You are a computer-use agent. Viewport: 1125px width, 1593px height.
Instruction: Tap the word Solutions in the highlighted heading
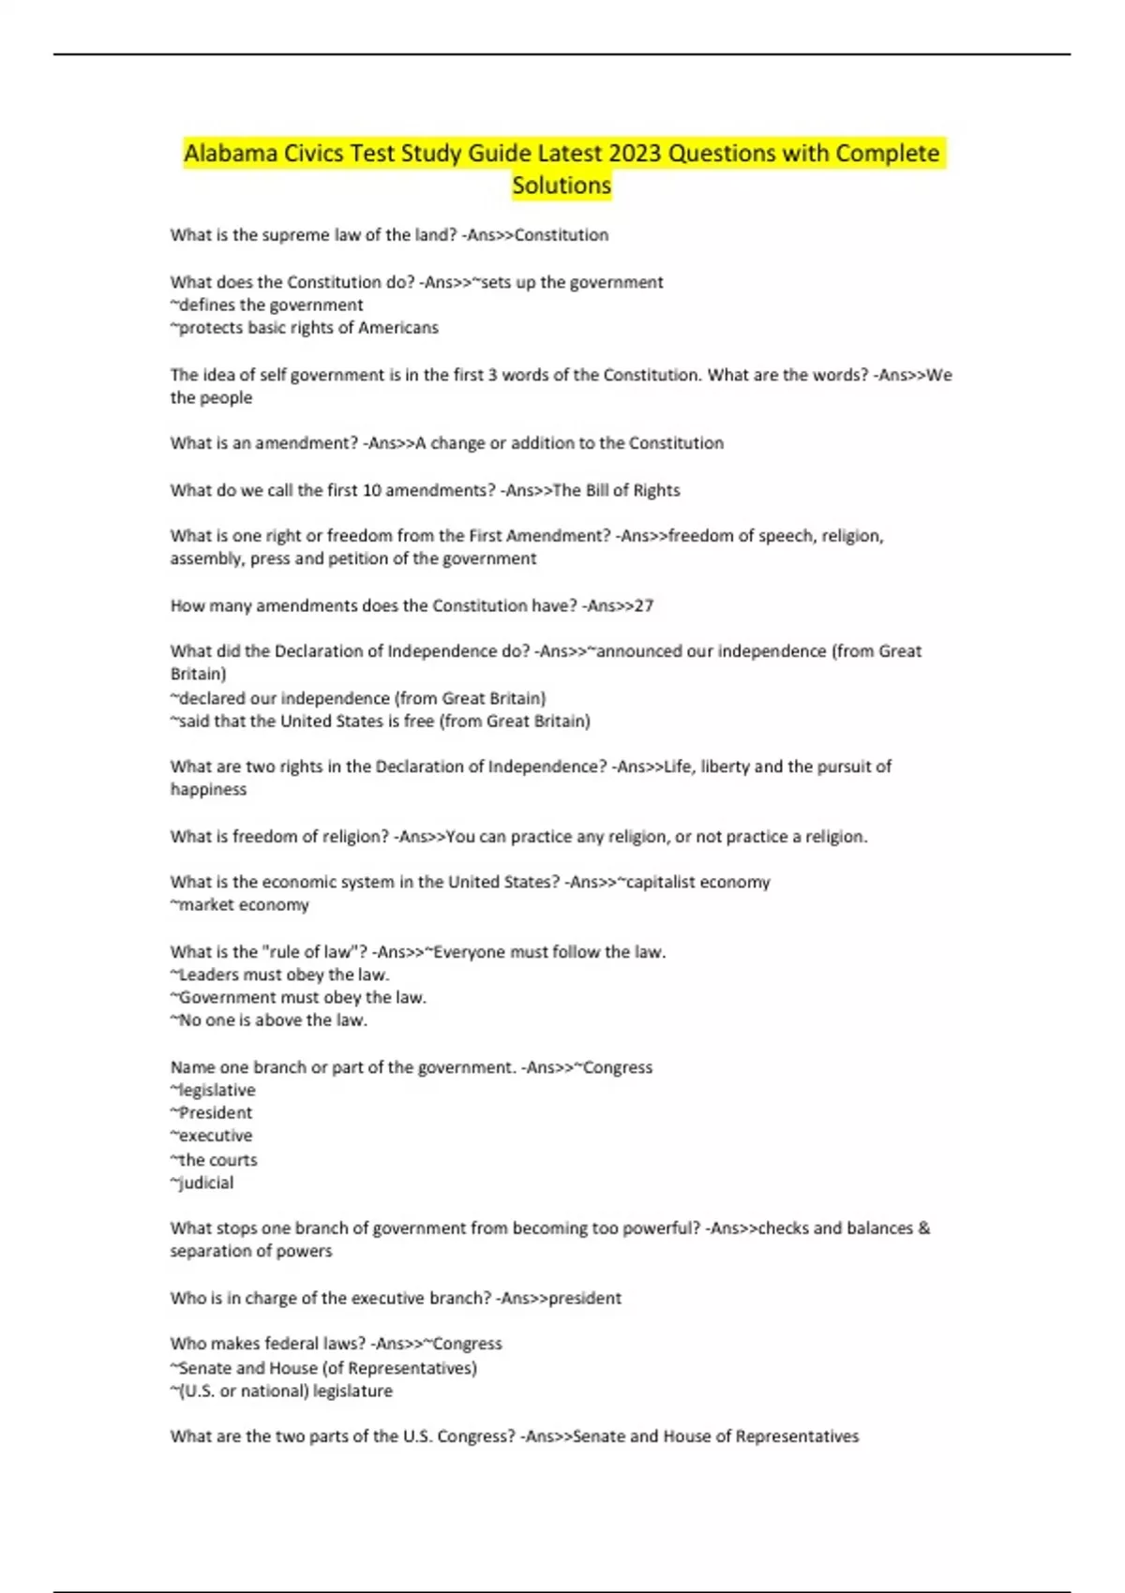[562, 186]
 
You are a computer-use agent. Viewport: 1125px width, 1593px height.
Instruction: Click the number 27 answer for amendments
[644, 605]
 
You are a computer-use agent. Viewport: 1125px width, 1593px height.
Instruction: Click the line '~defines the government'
[267, 305]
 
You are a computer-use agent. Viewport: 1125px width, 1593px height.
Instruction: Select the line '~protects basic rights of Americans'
[305, 328]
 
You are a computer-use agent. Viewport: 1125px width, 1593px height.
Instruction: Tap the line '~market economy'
[240, 904]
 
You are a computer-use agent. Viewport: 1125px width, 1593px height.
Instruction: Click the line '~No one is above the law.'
[269, 1020]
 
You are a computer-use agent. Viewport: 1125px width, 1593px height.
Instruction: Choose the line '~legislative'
[213, 1090]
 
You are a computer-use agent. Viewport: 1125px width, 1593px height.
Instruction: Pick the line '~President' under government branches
[212, 1112]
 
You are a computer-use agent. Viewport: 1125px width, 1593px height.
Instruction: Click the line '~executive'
[212, 1136]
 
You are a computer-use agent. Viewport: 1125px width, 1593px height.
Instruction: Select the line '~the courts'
[214, 1159]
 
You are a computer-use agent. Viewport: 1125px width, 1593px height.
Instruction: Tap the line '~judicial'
[202, 1183]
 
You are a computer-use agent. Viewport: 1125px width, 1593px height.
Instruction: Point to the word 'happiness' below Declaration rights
[209, 789]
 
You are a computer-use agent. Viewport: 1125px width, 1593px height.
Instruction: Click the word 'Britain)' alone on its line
[199, 674]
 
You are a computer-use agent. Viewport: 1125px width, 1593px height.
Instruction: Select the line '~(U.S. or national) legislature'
[281, 1391]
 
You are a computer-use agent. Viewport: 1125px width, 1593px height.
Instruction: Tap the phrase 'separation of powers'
[251, 1251]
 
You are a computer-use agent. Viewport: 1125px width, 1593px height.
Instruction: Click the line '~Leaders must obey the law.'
[279, 975]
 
